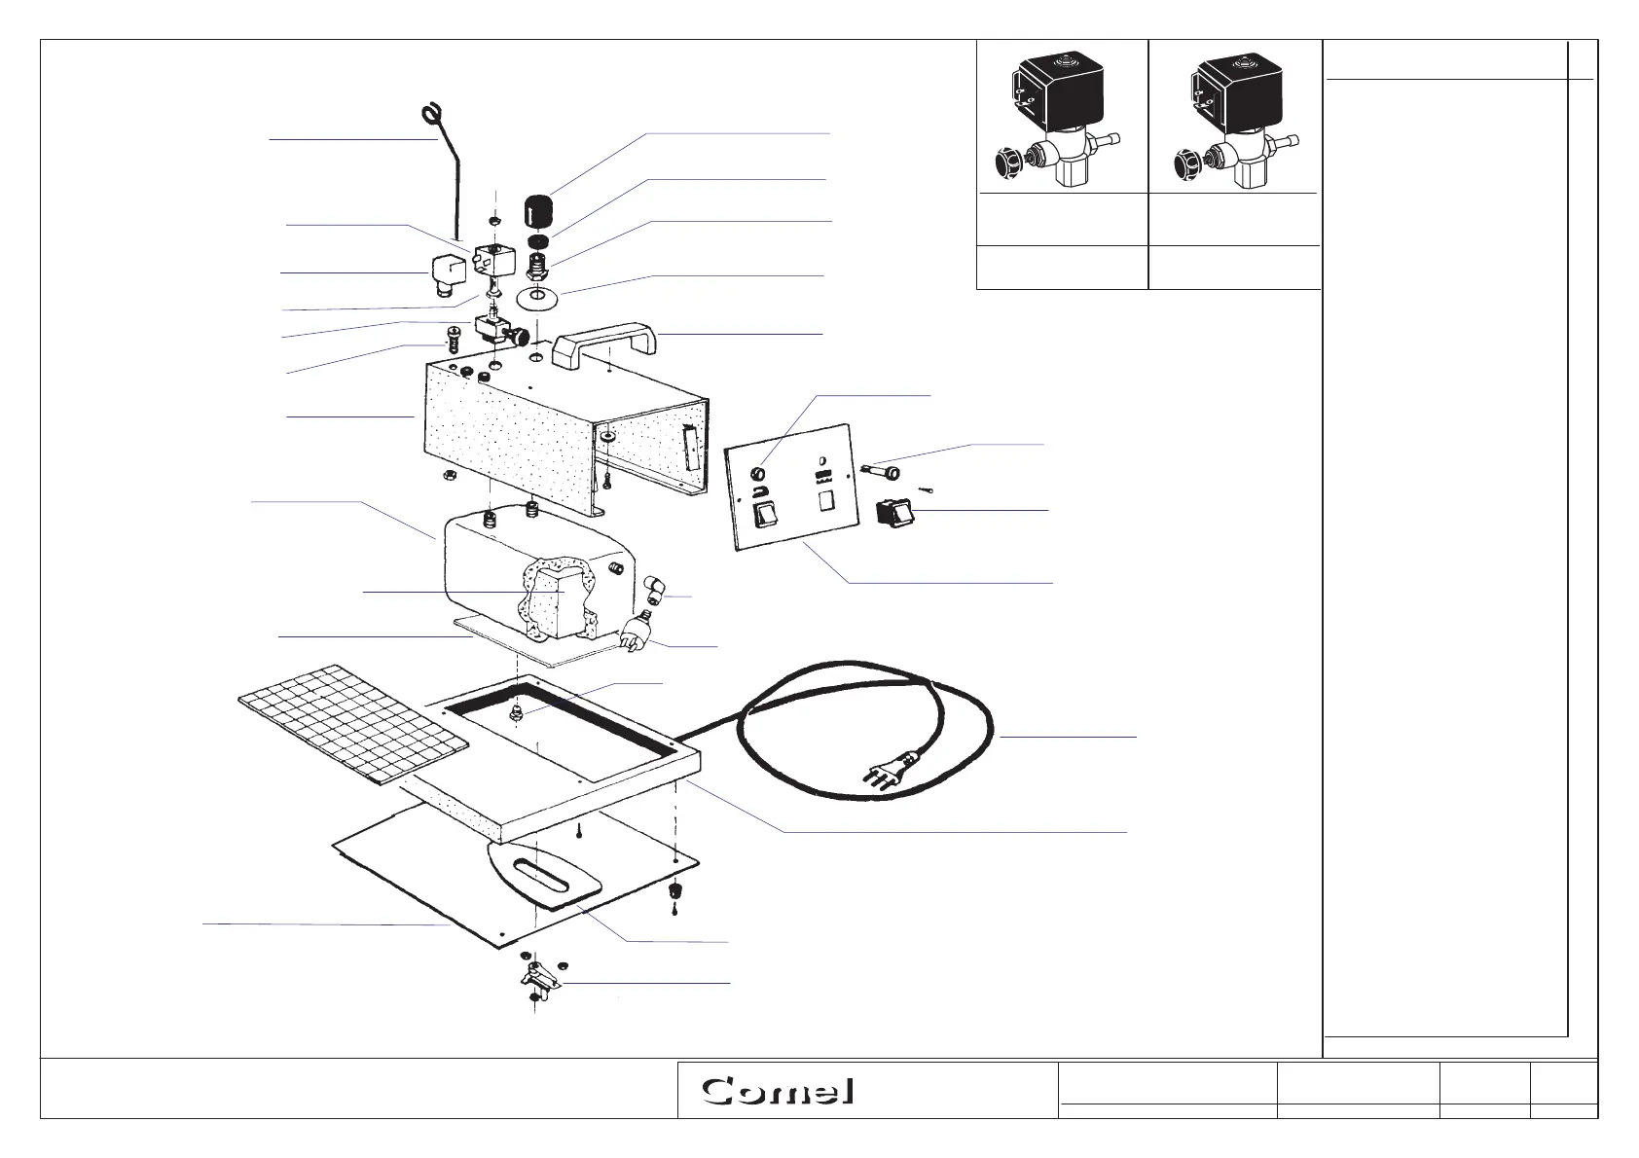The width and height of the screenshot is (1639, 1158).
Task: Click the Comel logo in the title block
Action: coord(779,1090)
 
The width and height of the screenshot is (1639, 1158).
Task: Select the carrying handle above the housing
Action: coord(604,345)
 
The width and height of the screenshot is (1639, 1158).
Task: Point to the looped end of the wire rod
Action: coord(430,117)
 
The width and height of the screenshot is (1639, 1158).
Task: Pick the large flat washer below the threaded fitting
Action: coord(536,297)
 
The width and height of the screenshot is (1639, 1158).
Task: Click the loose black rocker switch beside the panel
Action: coord(892,512)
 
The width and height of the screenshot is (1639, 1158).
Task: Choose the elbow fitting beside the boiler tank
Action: coord(654,587)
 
